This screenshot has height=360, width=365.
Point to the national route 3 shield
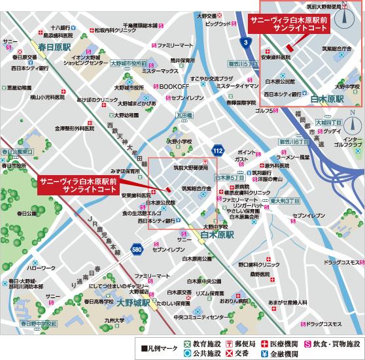(x=245, y=42)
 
